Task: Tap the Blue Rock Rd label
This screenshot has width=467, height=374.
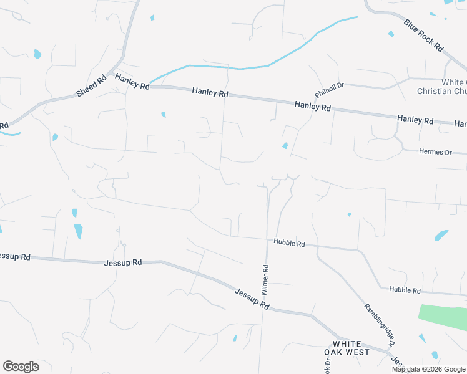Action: (x=423, y=36)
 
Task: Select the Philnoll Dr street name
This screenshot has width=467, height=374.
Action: (x=330, y=90)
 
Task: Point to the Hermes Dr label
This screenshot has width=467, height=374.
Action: (x=435, y=152)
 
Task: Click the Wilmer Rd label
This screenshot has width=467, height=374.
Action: (x=265, y=280)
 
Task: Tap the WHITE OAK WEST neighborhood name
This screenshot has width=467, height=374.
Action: (x=351, y=348)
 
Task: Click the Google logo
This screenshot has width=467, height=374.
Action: (x=21, y=367)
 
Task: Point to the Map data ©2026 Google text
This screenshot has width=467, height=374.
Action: (x=428, y=369)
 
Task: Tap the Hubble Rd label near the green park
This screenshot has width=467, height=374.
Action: (x=405, y=290)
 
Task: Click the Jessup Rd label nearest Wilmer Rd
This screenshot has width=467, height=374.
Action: (x=252, y=299)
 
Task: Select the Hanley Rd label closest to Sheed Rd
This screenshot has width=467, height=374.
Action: (x=132, y=81)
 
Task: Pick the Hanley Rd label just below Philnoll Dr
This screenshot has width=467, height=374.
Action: (x=313, y=107)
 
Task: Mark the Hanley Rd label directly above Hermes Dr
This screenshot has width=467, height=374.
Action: (x=415, y=119)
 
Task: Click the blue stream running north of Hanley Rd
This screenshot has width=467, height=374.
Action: (x=250, y=67)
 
